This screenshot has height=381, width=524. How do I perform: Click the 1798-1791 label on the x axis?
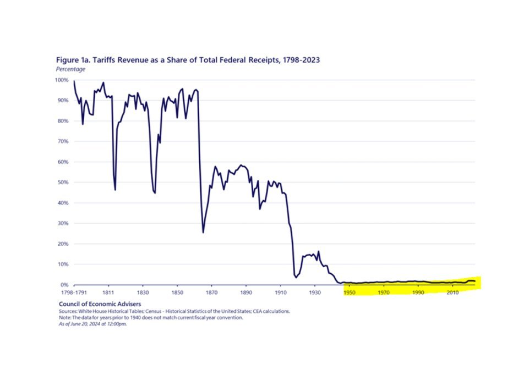pyautogui.click(x=73, y=293)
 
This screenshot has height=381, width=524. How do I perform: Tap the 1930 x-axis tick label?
pyautogui.click(x=315, y=293)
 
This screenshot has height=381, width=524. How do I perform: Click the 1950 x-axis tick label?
pyautogui.click(x=350, y=293)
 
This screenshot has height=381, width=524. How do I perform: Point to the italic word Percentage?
pyautogui.click(x=70, y=69)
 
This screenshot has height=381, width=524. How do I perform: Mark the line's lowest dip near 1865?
pyautogui.click(x=203, y=233)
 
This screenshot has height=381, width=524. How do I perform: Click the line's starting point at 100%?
pyautogui.click(x=74, y=81)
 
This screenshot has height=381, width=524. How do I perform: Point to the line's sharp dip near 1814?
pyautogui.click(x=115, y=190)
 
